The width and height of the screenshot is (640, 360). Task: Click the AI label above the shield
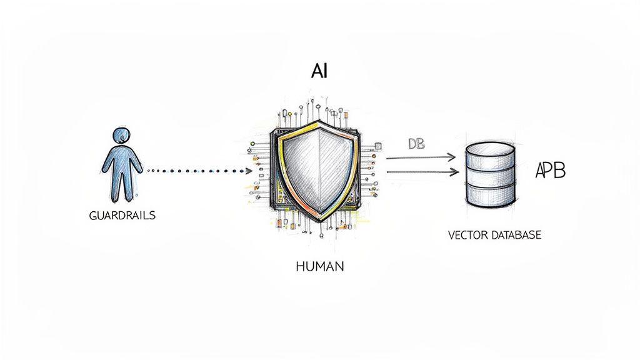[319, 71]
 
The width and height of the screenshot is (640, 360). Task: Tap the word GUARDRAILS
[122, 215]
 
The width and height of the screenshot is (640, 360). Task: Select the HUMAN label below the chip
[319, 266]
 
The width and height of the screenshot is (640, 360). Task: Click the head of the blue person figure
[121, 136]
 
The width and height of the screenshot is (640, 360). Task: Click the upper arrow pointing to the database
[422, 157]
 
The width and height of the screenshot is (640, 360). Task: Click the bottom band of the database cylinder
[491, 197]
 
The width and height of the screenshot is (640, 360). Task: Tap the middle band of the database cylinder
[491, 177]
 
